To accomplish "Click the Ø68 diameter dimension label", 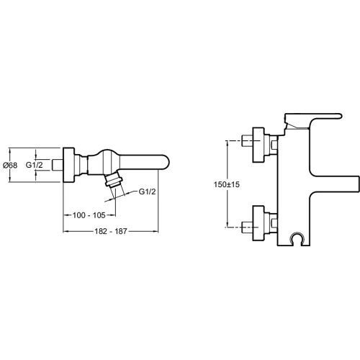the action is [10, 166].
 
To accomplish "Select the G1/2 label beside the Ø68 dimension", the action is [35, 165].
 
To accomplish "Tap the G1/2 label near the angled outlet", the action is [148, 192].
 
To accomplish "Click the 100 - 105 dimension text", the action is [89, 215].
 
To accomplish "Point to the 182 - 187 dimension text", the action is [111, 231].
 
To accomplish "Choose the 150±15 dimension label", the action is [227, 184].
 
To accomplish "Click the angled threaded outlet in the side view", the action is [114, 180].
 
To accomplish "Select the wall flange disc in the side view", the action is [69, 165].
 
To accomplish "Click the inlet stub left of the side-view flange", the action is [58, 165].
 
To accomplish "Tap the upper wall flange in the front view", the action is [258, 145].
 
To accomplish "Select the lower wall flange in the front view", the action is [258, 223].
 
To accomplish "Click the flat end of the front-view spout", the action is [359, 184].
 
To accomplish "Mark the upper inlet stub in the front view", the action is [247, 140].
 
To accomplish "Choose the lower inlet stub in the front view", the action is [247, 227].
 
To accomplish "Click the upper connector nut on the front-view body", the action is [271, 145].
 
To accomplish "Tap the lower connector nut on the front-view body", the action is [271, 223].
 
